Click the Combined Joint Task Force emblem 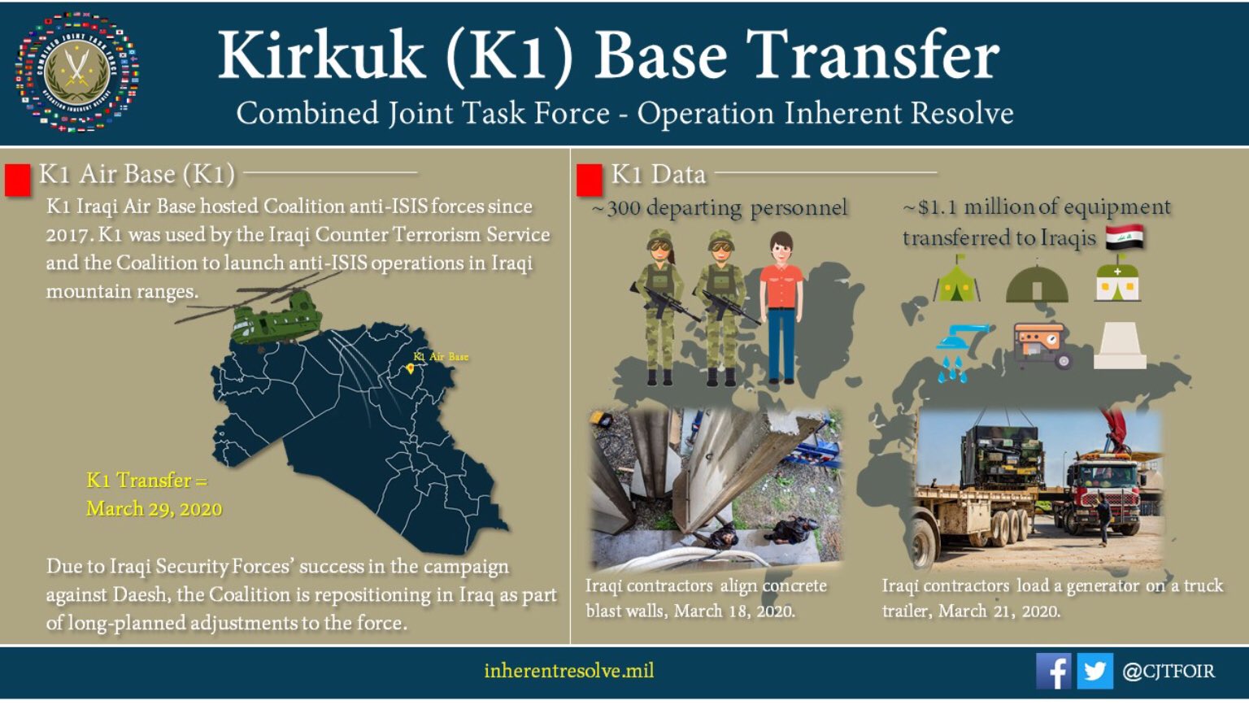pos(77,72)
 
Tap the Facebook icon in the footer pos(1053,671)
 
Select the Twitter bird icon pos(1095,671)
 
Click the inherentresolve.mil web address pos(568,670)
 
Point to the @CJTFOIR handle pos(1168,671)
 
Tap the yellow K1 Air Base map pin pos(411,368)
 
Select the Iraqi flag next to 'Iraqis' pos(1124,237)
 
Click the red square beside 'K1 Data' pos(589,181)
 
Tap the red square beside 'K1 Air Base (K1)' pos(17,181)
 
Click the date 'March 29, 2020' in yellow pos(154,509)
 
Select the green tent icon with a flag pos(956,279)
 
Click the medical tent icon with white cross pos(1117,279)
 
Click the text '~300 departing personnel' pos(720,207)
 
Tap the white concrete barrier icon pos(1120,346)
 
